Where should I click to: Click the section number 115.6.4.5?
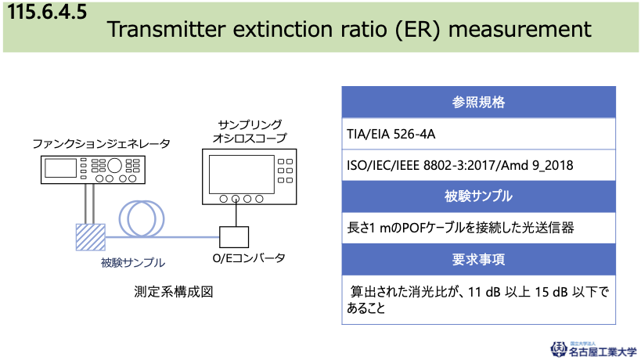point(47,12)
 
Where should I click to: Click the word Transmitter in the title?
point(167,29)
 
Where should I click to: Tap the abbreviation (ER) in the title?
point(417,30)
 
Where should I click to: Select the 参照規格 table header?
point(478,103)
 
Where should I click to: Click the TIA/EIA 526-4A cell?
point(478,134)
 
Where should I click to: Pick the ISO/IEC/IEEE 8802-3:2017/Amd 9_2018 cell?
point(478,165)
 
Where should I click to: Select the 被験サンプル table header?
point(478,196)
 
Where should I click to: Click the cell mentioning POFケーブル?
point(478,228)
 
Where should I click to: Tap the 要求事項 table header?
point(478,260)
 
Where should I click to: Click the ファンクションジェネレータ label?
point(101,144)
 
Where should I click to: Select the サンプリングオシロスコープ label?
point(250,131)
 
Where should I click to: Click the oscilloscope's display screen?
point(242,174)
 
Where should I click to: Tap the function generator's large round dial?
point(114,165)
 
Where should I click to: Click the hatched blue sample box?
point(91,237)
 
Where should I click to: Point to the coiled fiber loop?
point(142,218)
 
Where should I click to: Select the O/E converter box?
point(234,237)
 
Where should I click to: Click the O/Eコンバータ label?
point(249,258)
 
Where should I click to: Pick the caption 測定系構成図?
point(174,292)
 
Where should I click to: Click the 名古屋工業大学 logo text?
point(603,351)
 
